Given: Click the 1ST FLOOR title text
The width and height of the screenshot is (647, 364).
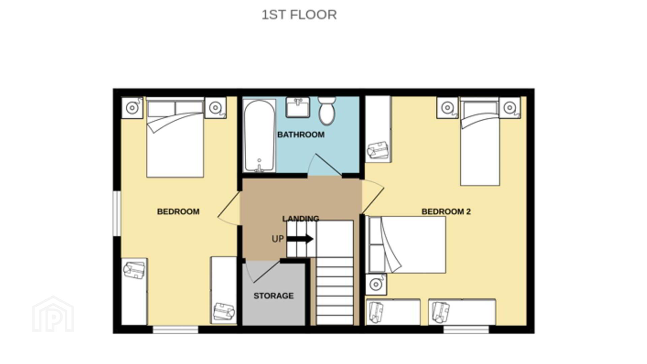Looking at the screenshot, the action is point(299,15).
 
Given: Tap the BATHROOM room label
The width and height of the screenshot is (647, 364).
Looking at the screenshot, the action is point(301,134).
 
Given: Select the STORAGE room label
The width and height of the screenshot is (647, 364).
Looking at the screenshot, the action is point(274,296).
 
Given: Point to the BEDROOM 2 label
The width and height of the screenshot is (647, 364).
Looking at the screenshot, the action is point(446,211).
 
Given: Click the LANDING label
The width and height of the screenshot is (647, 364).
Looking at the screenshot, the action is point(301,218).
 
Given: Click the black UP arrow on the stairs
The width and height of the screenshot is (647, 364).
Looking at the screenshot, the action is point(300,239).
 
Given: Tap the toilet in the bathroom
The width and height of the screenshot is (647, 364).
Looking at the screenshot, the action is point(327,111).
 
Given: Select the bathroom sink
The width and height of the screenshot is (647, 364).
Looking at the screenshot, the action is point(298,107).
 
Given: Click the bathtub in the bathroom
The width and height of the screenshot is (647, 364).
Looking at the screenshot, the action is point(259,135).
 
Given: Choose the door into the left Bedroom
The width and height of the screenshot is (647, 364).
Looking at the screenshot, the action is point(229,209).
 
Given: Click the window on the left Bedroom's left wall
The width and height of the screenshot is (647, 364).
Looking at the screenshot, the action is point(117,213).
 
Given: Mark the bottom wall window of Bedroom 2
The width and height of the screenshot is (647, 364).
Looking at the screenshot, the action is point(466,329).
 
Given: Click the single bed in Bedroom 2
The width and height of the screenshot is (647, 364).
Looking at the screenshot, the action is point(480,141).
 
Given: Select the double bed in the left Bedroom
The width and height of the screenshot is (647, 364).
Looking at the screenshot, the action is point(175,137).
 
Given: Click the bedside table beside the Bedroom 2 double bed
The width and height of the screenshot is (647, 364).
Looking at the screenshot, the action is point(376,284).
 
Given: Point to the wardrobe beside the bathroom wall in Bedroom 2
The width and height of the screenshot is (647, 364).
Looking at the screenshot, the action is point(378,129).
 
